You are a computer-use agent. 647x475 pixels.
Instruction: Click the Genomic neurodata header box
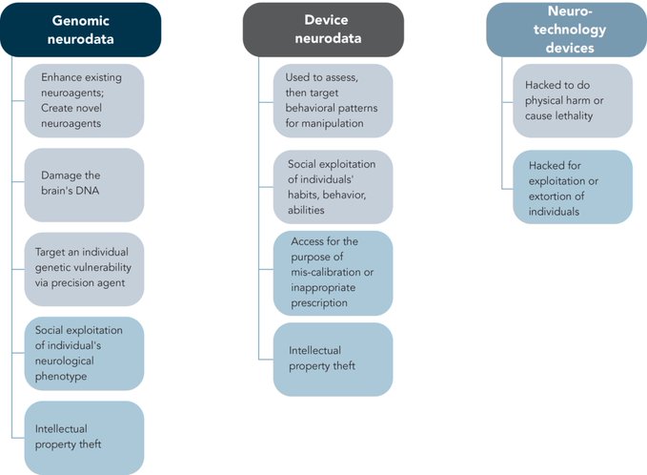pos(80,30)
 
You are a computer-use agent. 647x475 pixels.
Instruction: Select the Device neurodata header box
pos(324,30)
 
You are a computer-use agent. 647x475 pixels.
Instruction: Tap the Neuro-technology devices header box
pos(567,30)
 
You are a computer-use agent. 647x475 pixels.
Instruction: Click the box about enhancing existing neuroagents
pos(84,100)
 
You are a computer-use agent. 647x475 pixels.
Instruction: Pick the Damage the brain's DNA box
pos(84,185)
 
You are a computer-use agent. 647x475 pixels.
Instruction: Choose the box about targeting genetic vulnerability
pos(84,269)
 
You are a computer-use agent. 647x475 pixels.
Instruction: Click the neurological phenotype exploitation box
pos(84,354)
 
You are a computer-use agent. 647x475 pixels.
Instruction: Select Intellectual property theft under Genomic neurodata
pos(84,438)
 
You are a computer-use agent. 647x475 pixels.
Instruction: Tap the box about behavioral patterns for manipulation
pos(333,100)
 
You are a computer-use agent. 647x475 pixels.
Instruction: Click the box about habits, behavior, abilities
pos(333,187)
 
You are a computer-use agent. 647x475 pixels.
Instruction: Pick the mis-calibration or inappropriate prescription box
pos(333,273)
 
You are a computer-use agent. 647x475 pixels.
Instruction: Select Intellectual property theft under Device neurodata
pos(333,360)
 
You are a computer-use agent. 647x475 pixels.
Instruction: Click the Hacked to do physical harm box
pos(573,100)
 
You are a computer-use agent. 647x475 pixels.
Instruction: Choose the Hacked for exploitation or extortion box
pos(573,187)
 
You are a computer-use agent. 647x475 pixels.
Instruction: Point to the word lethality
pos(574,116)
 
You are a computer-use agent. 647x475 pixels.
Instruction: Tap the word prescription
pos(319,303)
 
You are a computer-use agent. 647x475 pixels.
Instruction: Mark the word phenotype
pos(61,377)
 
